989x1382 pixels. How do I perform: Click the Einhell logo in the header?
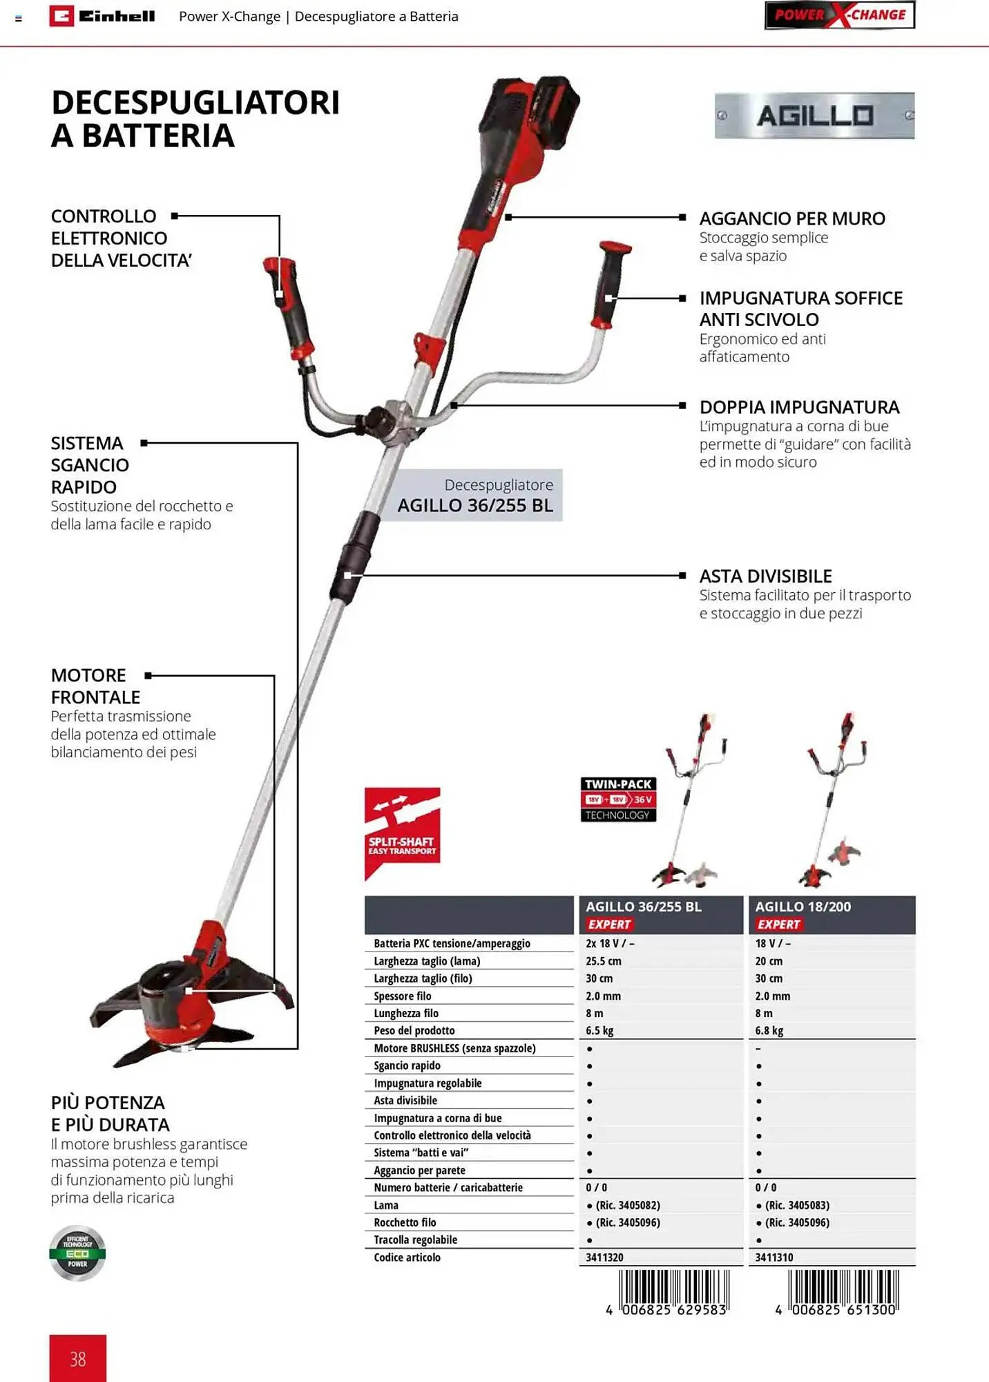[x=102, y=16]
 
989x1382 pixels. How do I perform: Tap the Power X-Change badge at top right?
[x=839, y=15]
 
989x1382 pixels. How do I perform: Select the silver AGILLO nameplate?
[x=814, y=115]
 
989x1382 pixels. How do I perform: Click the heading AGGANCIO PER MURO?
[x=791, y=218]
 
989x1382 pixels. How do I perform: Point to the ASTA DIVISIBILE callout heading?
[x=765, y=576]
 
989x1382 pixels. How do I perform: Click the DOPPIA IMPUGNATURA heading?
[x=799, y=407]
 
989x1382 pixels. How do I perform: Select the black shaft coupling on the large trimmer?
[x=354, y=557]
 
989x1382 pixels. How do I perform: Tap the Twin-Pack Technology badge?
[x=618, y=799]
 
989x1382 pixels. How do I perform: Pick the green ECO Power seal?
[x=77, y=1253]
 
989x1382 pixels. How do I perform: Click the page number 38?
[x=77, y=1359]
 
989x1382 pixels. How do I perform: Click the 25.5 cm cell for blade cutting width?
[x=604, y=961]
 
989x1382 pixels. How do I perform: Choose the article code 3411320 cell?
[x=604, y=1257]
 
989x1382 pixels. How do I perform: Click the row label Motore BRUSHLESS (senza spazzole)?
[x=454, y=1048]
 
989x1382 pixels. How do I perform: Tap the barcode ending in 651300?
[x=842, y=1291]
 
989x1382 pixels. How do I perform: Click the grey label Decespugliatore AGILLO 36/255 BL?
[x=475, y=495]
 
